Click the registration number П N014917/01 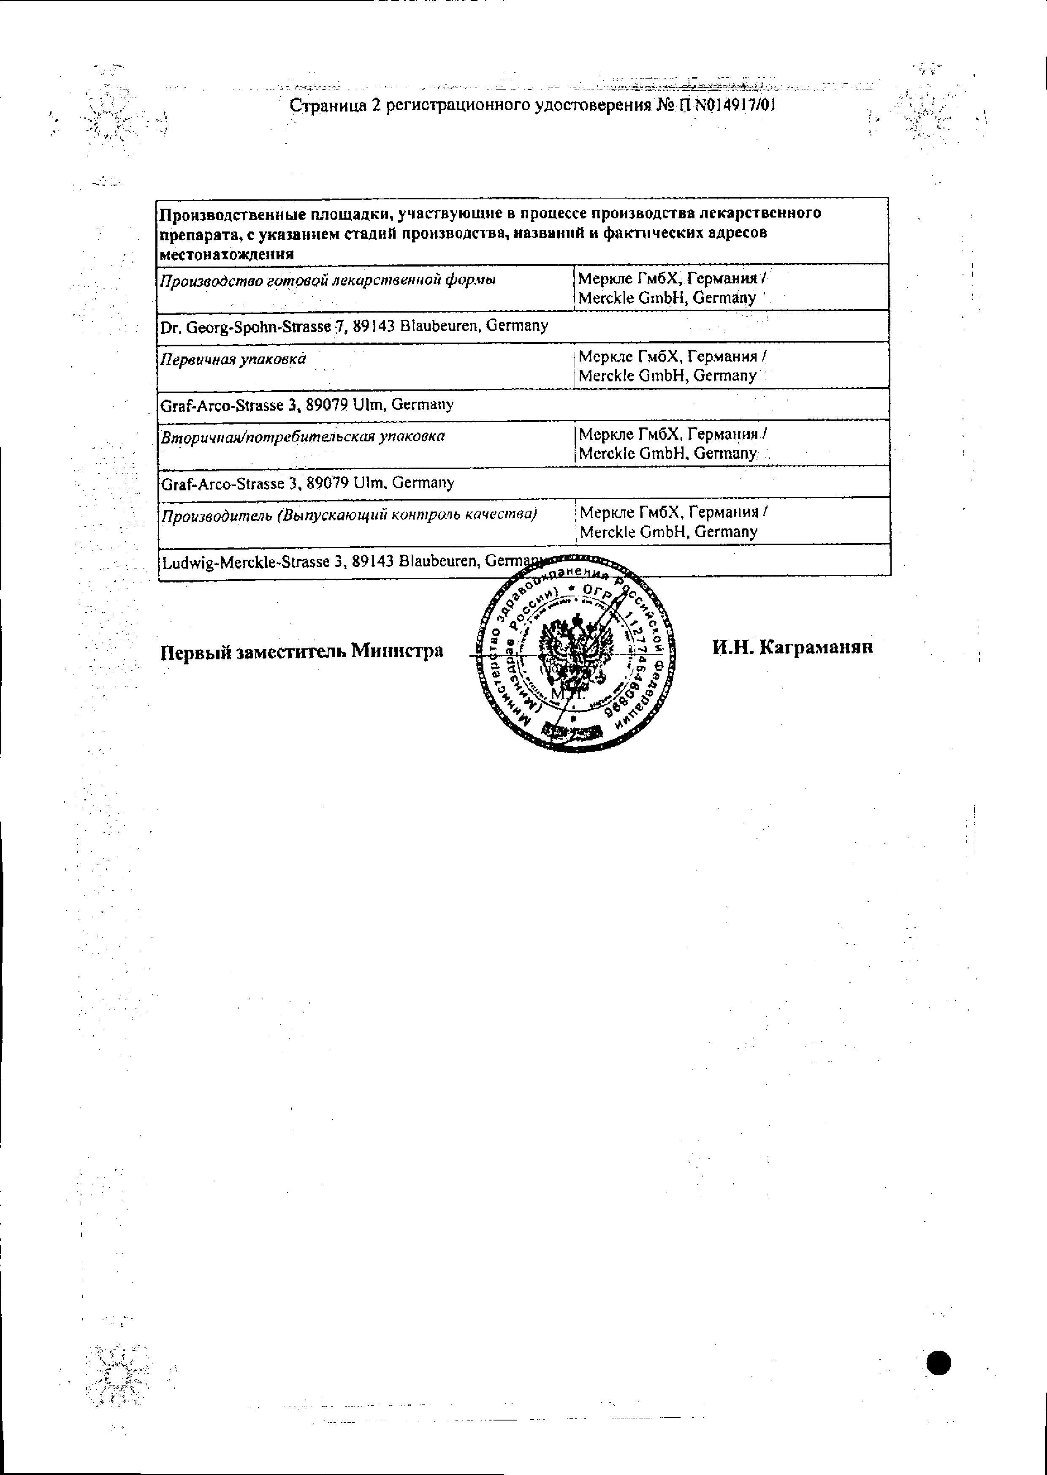click(x=725, y=105)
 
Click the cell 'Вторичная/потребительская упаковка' click(x=302, y=437)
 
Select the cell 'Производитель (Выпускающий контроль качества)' click(x=349, y=514)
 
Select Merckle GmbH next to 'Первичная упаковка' click(x=667, y=376)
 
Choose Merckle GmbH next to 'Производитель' click(x=669, y=532)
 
